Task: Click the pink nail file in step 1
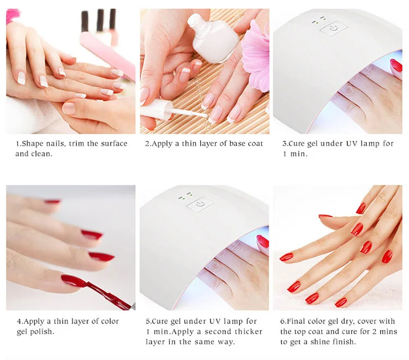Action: point(109,55)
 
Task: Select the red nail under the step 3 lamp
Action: point(396,65)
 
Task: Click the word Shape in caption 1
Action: point(33,143)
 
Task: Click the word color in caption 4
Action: point(105,321)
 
